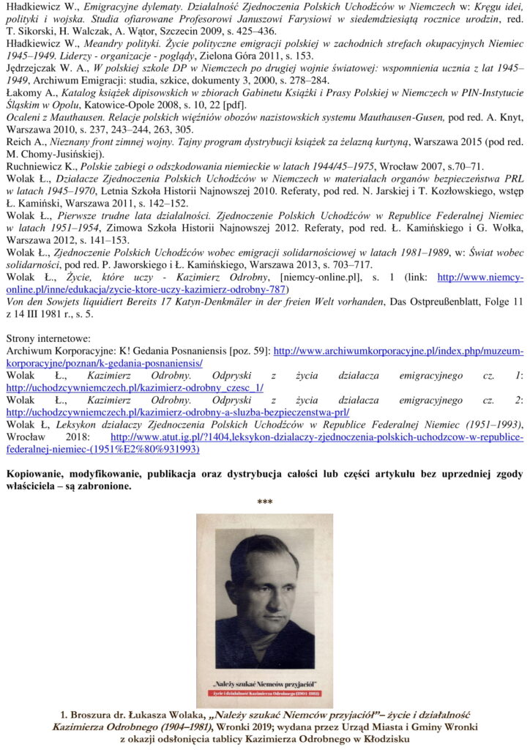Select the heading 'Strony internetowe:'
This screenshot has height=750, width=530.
click(x=48, y=339)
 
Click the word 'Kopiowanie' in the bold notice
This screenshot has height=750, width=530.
click(x=37, y=474)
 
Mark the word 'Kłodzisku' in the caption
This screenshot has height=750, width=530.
click(x=386, y=738)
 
